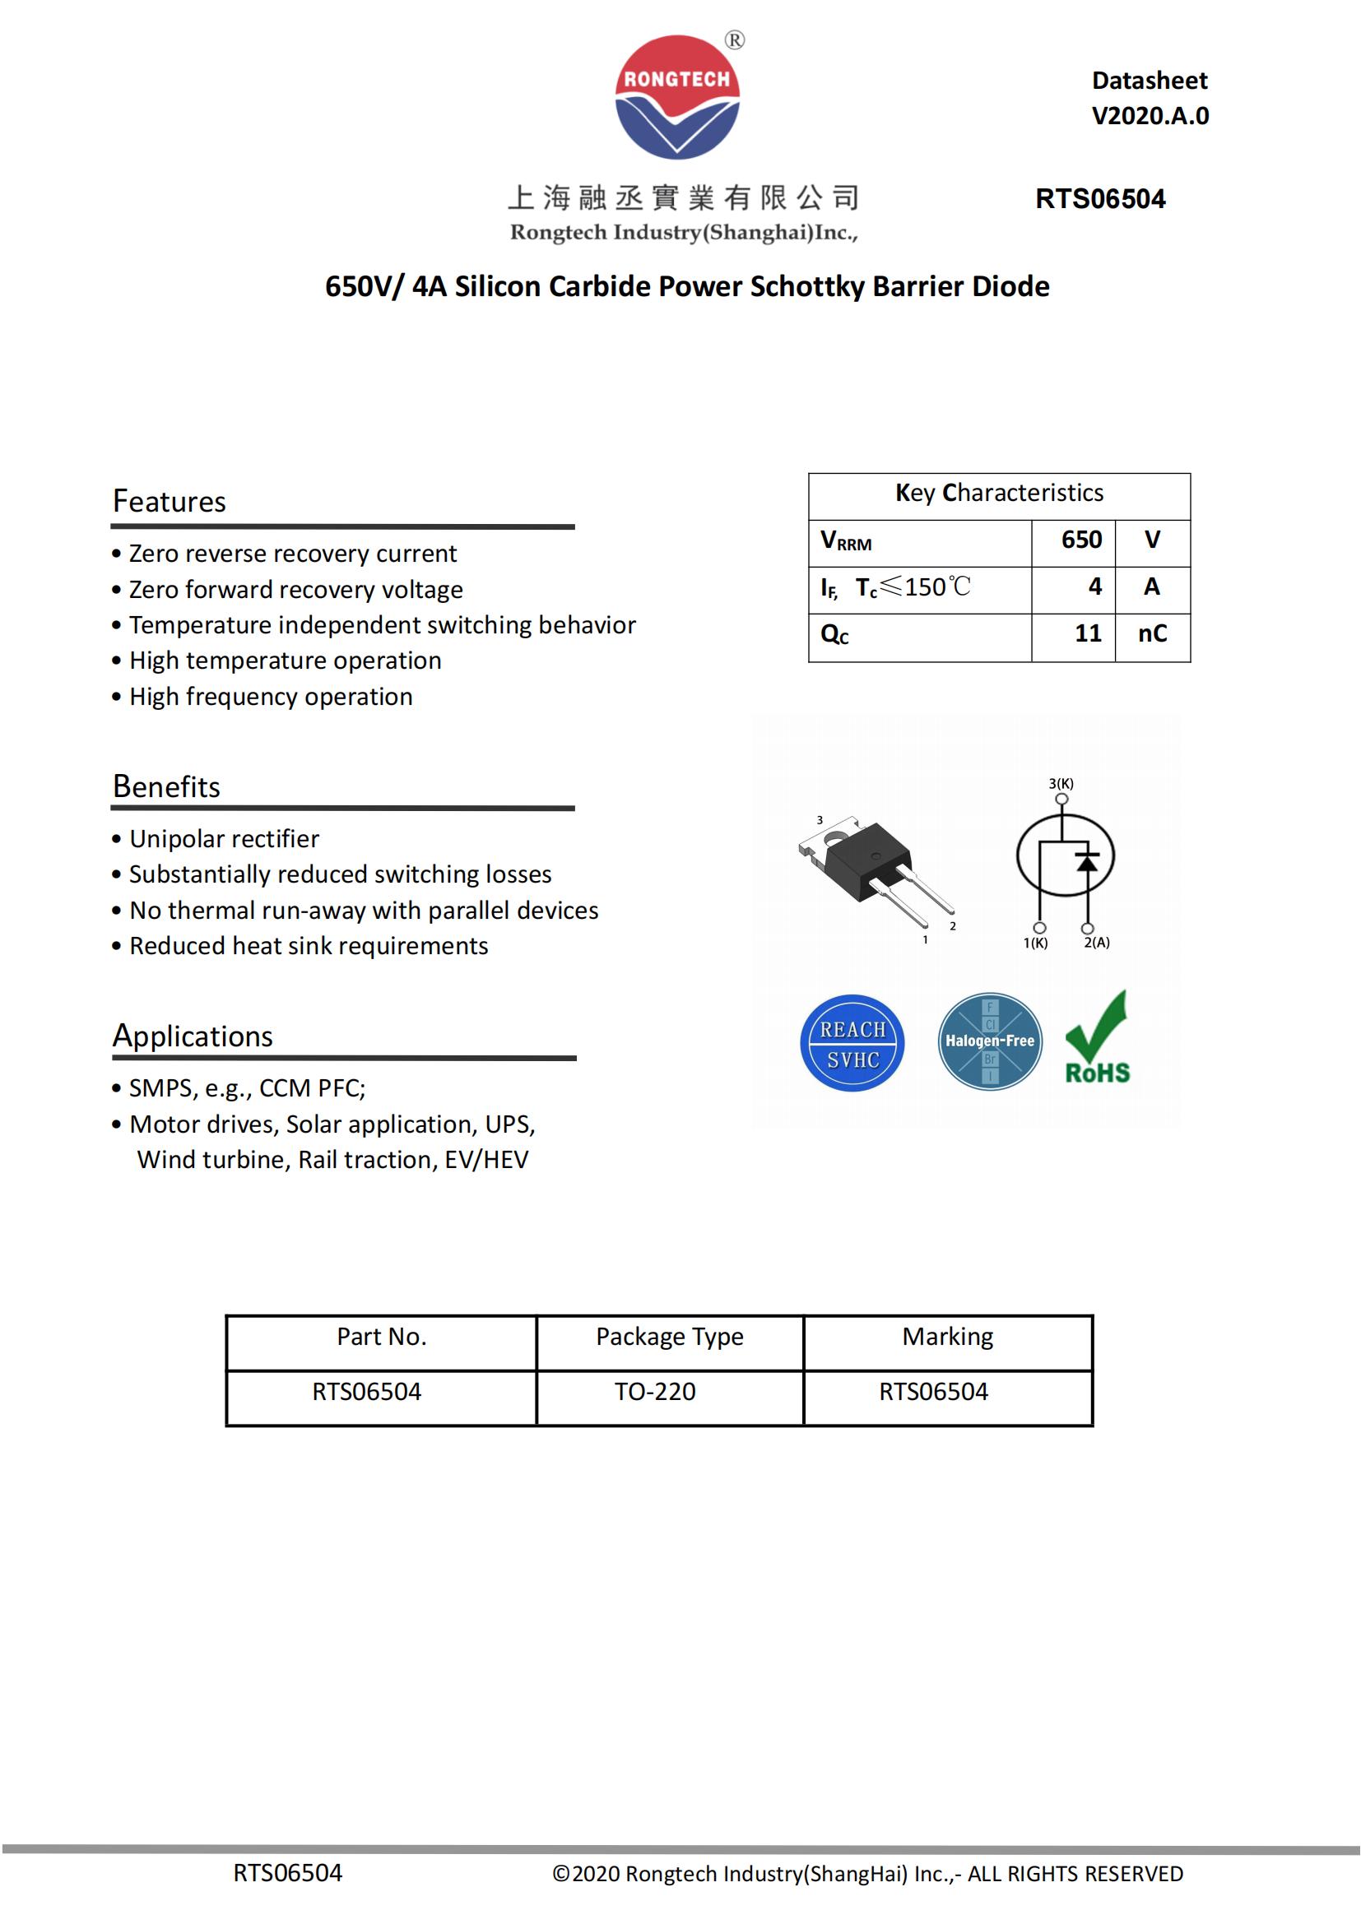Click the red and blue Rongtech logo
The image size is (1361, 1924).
pos(677,97)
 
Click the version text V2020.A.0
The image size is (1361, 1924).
pos(1150,116)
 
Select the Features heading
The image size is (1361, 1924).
pos(170,501)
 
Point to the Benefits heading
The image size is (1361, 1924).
pos(166,786)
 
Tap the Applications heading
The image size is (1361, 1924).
pos(193,1036)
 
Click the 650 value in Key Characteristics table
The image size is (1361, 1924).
pos(1081,540)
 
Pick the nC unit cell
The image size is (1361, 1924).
pos(1152,633)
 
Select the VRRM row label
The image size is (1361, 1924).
pos(846,540)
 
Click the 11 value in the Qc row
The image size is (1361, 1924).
pos(1088,633)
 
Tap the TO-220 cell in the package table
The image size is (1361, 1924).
pos(654,1391)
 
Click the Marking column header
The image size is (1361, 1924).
pos(947,1336)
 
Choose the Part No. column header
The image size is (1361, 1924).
pos(381,1336)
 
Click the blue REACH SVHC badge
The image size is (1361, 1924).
pos(852,1043)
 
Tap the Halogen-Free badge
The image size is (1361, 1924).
pos(990,1041)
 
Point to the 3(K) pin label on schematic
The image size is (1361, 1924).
pos(1061,784)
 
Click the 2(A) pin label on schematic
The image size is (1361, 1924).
pos(1096,943)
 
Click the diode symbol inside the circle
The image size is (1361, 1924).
pos(1087,861)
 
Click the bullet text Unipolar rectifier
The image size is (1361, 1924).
pos(224,839)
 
